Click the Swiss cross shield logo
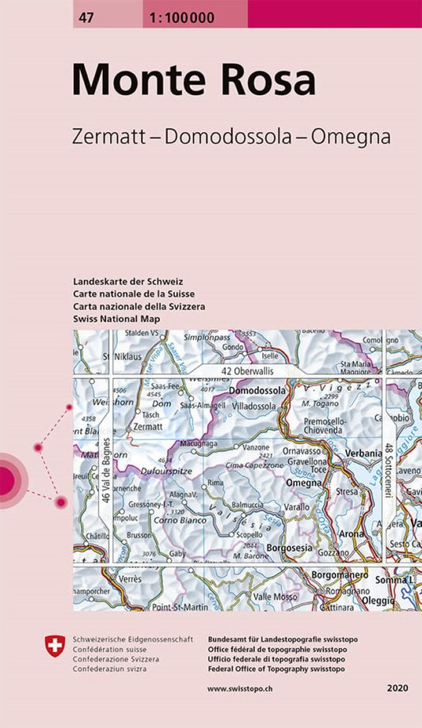[x=55, y=647]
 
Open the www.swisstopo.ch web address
[x=241, y=688]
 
